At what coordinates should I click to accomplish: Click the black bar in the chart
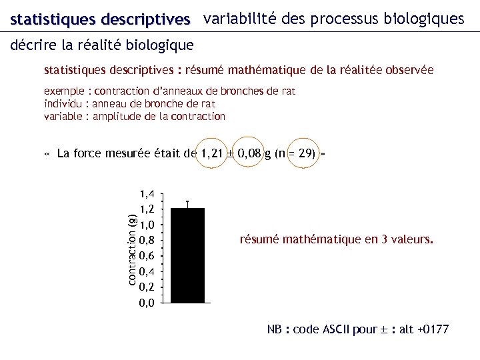click(188, 255)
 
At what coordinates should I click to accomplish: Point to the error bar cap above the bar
click(188, 201)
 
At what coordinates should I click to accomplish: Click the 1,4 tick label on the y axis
click(147, 194)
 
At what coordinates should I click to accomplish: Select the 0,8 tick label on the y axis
click(147, 240)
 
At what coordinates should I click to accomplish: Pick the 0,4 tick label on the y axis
click(147, 271)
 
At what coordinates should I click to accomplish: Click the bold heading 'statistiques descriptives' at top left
click(100, 20)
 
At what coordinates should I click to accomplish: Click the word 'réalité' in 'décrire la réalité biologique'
click(103, 45)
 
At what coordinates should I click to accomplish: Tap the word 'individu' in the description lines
click(63, 103)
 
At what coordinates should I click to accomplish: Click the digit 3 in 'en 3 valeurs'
click(378, 239)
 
